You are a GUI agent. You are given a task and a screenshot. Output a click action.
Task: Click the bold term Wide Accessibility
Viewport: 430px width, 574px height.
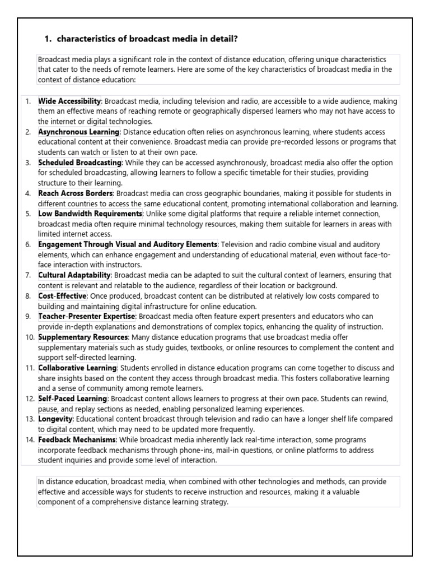click(x=69, y=101)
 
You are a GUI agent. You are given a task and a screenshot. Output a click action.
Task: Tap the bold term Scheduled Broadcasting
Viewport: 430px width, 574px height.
click(x=80, y=163)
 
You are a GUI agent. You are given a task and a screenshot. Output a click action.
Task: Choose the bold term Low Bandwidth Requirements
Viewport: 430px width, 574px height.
click(x=90, y=214)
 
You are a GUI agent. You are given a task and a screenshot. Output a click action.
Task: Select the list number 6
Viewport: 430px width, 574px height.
click(x=28, y=244)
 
